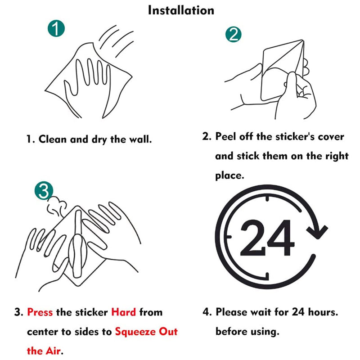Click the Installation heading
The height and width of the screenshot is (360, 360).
[181, 10]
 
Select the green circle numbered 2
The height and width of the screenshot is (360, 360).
[233, 35]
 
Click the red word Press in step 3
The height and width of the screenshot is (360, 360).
[40, 312]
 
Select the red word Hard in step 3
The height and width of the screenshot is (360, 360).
[124, 312]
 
